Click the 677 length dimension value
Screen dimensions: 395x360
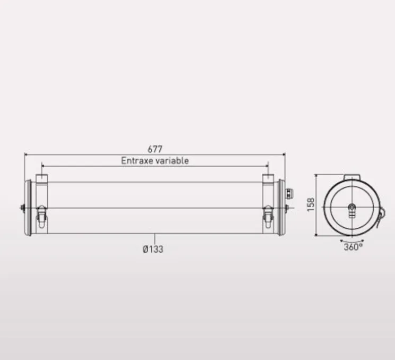155,149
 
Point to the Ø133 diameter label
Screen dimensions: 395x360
153,249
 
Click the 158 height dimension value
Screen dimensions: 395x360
311,204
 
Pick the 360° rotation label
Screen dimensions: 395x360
353,247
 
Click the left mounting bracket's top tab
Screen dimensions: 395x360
42,178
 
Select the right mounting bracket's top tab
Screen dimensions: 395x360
268,178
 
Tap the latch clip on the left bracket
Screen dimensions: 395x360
41,217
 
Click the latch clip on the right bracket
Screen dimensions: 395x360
268,217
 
